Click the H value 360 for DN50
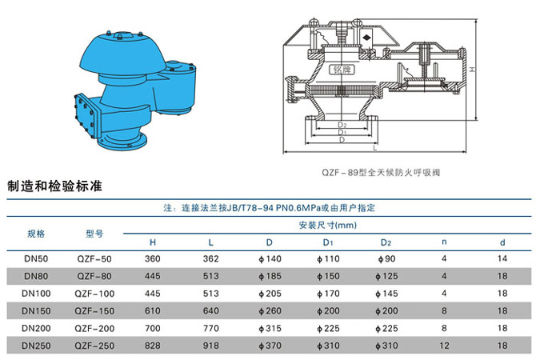153,259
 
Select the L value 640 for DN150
210,310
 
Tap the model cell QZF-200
94,329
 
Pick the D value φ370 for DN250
270,346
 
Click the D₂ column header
386,242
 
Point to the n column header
444,242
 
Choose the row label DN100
36,294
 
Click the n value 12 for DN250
444,346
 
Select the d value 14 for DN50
502,258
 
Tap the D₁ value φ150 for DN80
328,276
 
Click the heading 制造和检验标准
54,186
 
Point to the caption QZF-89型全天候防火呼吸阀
381,172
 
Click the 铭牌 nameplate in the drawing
342,70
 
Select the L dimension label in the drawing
375,148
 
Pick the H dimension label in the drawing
472,70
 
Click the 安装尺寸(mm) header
327,225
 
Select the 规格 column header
36,234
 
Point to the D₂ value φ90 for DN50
386,259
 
